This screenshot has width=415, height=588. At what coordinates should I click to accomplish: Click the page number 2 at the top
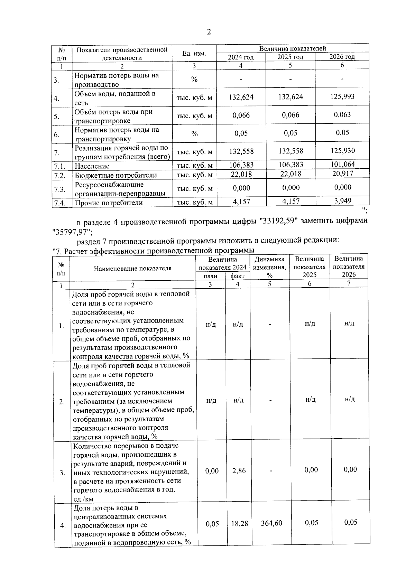(x=208, y=32)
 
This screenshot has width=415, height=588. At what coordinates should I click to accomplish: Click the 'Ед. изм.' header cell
(x=194, y=54)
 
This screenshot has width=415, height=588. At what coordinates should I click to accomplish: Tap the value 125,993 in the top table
(x=342, y=97)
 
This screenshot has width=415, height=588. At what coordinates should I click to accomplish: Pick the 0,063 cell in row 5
(x=342, y=115)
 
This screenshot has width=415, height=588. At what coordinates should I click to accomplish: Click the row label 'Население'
(x=92, y=166)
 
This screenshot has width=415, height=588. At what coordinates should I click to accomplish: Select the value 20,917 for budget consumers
(x=342, y=174)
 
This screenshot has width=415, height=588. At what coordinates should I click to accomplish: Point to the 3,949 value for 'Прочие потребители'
(x=343, y=201)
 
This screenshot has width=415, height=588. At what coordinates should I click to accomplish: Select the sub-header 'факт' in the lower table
(x=237, y=276)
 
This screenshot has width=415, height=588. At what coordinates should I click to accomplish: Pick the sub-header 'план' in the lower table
(x=210, y=276)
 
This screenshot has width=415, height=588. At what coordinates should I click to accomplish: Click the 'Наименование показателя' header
(x=132, y=268)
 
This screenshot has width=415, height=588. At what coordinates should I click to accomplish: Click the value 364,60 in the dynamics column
(x=271, y=523)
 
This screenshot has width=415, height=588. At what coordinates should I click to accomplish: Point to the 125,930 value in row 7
(x=342, y=151)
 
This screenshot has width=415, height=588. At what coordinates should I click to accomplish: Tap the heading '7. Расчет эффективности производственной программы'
(x=153, y=251)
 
